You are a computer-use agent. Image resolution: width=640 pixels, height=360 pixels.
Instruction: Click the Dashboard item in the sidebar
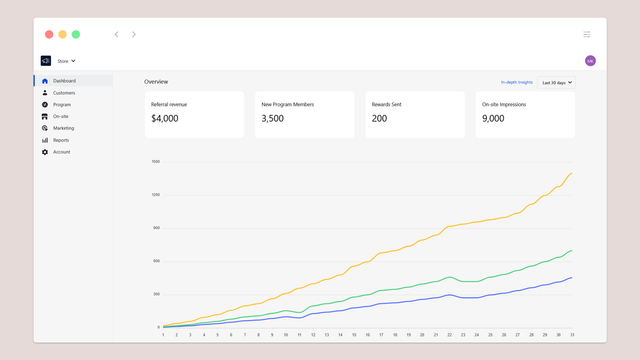point(64,81)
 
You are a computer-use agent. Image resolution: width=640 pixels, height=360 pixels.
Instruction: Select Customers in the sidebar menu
point(64,93)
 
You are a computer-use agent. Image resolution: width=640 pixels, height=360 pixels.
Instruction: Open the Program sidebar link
point(62,105)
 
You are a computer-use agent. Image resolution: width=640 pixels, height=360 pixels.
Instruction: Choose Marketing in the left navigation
point(64,129)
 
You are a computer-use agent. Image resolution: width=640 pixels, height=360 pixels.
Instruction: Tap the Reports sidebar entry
point(61,141)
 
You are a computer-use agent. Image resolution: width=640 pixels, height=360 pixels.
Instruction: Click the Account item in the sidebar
point(61,153)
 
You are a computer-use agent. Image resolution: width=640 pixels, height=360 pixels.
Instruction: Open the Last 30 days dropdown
point(557,83)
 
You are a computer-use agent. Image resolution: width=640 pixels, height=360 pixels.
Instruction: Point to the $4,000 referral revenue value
point(165,119)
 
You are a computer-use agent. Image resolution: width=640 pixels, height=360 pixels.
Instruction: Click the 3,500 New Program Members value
point(272,119)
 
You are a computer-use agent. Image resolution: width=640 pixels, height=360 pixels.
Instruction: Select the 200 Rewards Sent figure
point(380,119)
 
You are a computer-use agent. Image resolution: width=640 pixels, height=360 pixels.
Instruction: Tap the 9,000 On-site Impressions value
point(493,119)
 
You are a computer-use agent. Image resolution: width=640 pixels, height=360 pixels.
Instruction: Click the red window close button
point(49,34)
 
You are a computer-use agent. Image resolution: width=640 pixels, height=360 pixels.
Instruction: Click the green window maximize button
point(76,34)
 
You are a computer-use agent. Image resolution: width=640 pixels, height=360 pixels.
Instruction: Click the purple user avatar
point(590,61)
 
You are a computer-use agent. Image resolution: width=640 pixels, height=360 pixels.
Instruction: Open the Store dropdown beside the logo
point(66,61)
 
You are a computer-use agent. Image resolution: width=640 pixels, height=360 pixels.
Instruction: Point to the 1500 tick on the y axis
point(156,162)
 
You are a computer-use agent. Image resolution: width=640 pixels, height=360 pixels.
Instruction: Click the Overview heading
point(156,81)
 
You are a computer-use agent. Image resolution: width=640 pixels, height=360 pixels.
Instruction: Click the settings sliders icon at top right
point(587,34)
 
